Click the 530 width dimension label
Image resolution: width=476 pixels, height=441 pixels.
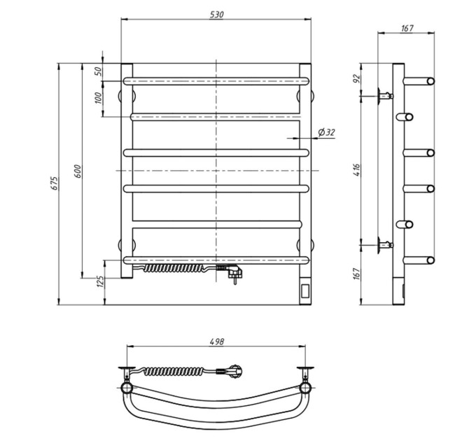217,15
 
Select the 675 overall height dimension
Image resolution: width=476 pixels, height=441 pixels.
54,183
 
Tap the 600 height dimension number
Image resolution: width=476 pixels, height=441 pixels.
78,171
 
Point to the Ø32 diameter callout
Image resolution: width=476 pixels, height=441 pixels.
326,132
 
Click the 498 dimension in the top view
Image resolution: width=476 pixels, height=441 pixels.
217,342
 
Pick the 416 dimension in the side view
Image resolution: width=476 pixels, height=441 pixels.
356,170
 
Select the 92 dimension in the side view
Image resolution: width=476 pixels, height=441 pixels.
356,78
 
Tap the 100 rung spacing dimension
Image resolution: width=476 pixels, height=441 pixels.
99,98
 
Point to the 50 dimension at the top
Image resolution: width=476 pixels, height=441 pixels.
99,71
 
